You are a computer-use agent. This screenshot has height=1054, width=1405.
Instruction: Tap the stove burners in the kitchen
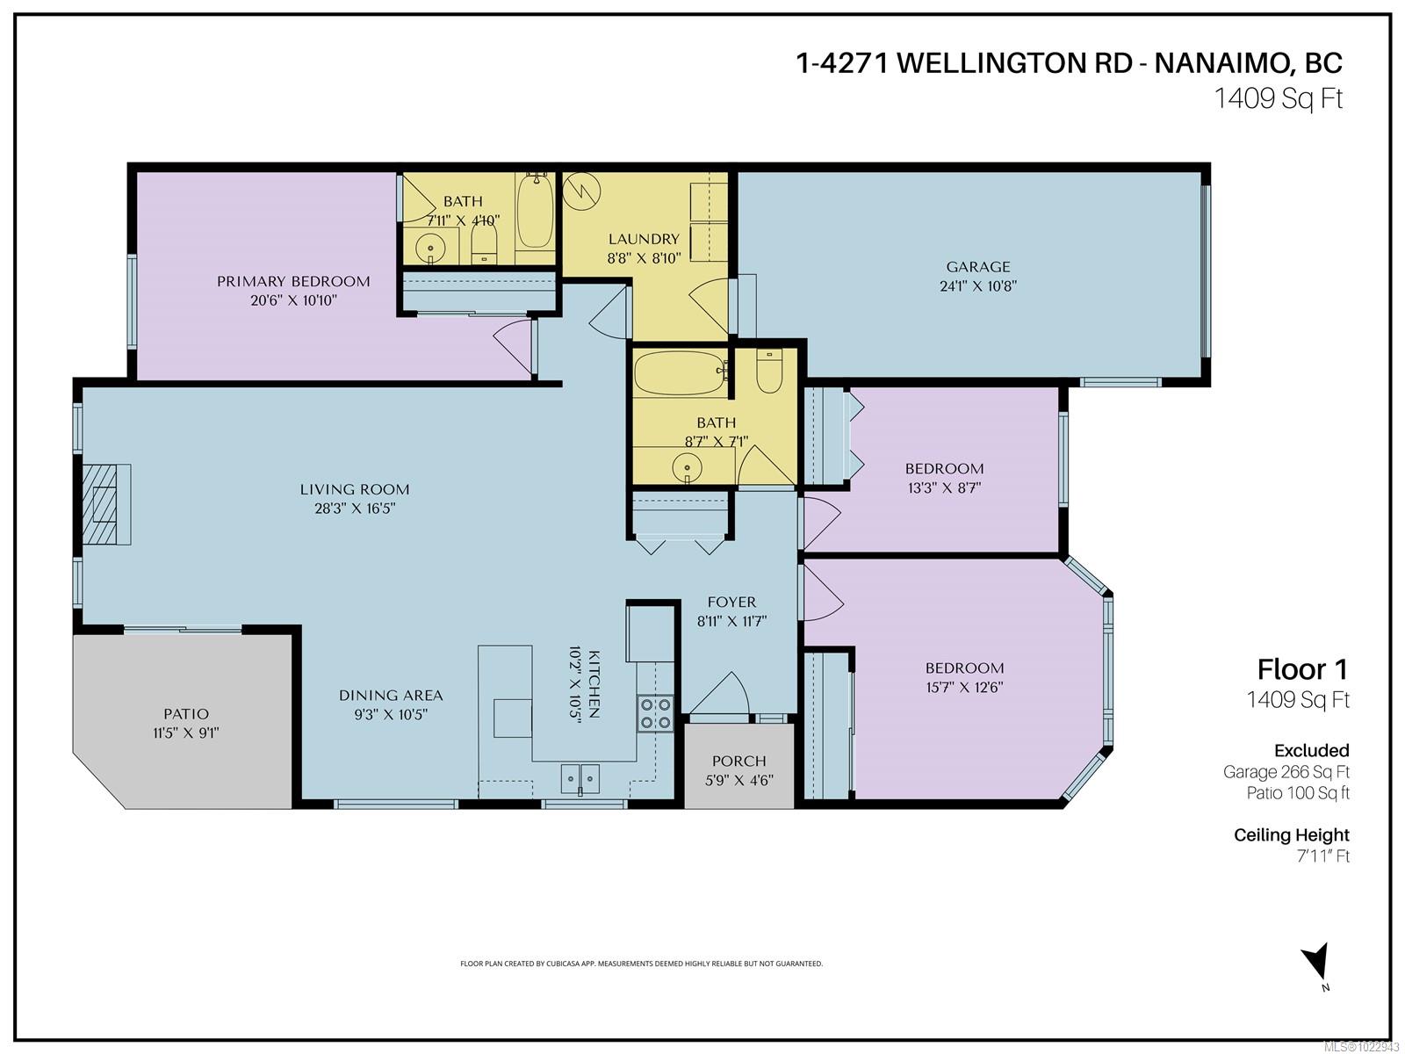click(x=655, y=713)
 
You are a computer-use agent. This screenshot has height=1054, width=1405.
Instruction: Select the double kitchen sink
click(x=580, y=777)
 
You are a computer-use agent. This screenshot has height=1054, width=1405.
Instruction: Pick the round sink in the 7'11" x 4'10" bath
click(x=431, y=249)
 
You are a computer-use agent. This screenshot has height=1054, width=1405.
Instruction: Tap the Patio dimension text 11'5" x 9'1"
click(x=185, y=733)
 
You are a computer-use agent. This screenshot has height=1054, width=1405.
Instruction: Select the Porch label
click(x=739, y=761)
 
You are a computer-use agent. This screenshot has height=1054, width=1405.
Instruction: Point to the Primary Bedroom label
click(x=293, y=281)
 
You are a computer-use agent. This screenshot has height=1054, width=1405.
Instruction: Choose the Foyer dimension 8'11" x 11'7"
click(x=731, y=620)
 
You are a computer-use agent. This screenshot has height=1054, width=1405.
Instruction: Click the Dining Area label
click(x=391, y=695)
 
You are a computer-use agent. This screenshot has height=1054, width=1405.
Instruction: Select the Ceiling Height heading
click(x=1291, y=834)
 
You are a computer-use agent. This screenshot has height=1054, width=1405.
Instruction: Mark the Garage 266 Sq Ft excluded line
click(x=1286, y=772)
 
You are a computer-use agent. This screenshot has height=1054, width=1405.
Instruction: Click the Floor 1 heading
click(x=1301, y=669)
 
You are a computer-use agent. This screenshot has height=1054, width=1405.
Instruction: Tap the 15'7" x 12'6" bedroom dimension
click(x=964, y=686)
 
